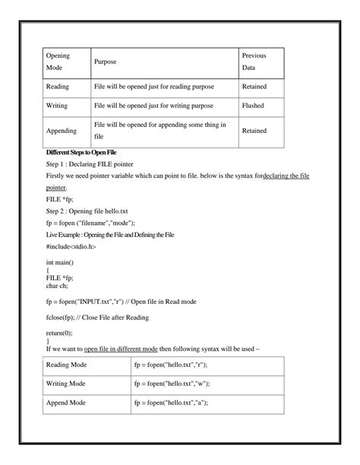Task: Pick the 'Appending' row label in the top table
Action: click(x=62, y=131)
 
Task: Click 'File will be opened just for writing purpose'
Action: click(x=153, y=106)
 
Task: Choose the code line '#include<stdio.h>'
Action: click(x=71, y=246)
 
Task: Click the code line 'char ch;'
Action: click(x=58, y=286)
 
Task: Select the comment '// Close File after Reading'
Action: click(x=115, y=317)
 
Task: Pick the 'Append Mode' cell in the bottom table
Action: click(x=68, y=403)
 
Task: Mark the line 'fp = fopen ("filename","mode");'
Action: click(x=90, y=223)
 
